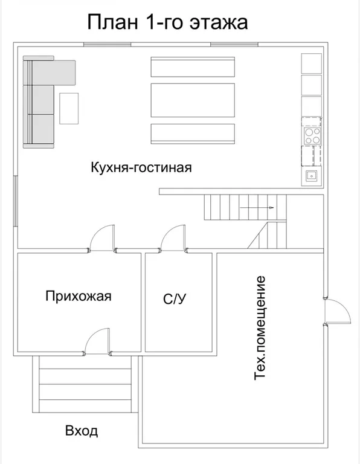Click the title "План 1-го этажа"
point(167,23)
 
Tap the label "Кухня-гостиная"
point(141,167)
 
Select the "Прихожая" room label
point(79,296)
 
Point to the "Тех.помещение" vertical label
point(260,328)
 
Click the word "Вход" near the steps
point(81,431)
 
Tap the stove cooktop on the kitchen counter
point(312,136)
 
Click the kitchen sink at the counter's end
point(312,176)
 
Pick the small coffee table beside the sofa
point(69,109)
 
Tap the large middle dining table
point(192,100)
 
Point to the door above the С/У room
point(173,238)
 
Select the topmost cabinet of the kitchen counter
point(312,63)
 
